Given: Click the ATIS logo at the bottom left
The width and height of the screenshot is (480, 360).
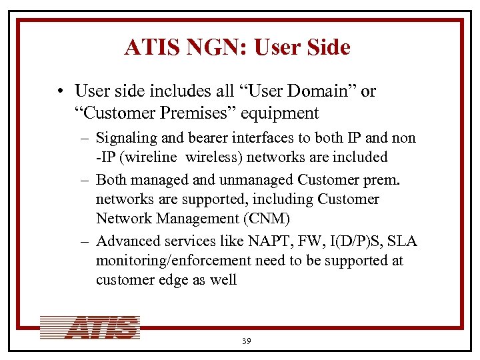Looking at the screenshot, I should click(90, 327).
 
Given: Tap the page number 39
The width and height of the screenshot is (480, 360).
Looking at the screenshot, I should click(246, 341).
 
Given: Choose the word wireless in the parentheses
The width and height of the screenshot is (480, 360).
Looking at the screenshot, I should click(211, 157).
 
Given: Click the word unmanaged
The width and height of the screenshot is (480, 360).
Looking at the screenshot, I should click(257, 181).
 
